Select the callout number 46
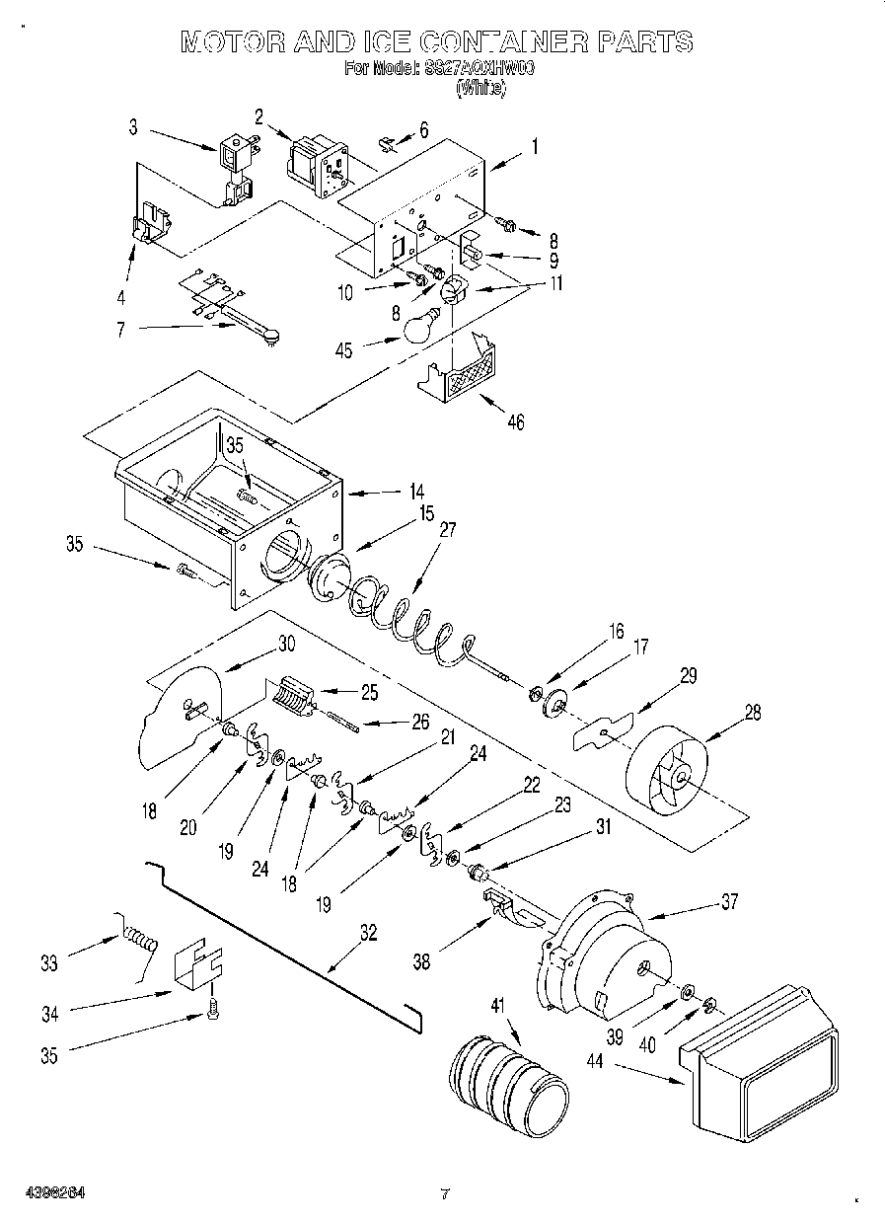point(514,422)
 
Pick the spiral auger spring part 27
point(405,620)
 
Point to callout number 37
point(728,900)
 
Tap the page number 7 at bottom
point(445,1194)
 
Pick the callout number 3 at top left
point(133,126)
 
